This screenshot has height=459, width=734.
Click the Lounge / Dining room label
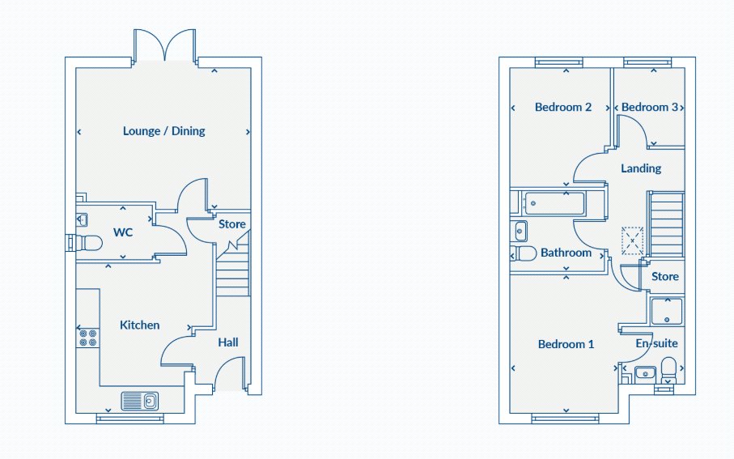coord(163,130)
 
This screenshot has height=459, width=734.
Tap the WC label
coord(123,232)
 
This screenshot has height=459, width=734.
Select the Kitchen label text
coord(139,325)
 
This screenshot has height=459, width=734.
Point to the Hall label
coord(228,342)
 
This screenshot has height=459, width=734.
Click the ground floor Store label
coord(232,224)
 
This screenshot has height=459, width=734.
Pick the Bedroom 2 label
coord(563,107)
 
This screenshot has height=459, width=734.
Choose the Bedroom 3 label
coord(649,107)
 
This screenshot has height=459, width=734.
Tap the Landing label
coord(641,168)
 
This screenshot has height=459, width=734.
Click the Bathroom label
coord(566,253)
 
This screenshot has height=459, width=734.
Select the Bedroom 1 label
coord(566,344)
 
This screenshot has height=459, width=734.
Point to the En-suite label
coord(657,343)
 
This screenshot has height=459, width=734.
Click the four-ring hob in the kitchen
coord(88,338)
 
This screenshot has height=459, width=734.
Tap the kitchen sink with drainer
coord(140,401)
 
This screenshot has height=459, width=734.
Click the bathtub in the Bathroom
coord(554,204)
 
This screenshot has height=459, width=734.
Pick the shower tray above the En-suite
coord(667,312)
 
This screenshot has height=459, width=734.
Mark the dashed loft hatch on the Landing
coord(632,240)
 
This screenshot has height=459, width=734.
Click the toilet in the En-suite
coord(668,371)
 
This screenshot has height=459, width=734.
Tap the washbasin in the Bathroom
coord(520,232)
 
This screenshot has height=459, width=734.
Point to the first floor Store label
coord(665,277)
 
